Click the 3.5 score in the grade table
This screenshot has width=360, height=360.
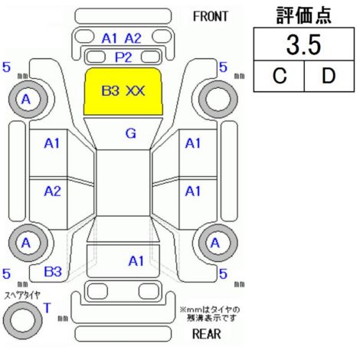303,45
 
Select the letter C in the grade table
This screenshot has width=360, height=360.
280,76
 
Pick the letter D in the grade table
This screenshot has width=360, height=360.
329,76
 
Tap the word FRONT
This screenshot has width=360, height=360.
211,17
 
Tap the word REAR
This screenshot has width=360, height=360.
206,334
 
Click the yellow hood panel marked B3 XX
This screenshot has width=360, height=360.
123,91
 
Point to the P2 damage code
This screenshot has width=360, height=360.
123,57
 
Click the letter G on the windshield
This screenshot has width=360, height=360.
131,133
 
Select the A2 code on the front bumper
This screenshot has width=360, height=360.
133,38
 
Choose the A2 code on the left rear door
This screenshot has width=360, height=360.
53,191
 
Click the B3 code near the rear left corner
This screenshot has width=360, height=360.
53,272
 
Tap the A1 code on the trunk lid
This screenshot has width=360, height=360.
136,261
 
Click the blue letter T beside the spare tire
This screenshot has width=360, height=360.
47,308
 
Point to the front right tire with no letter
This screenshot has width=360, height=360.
218,100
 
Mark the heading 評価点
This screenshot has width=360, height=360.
304,15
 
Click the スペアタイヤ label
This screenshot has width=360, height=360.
22,296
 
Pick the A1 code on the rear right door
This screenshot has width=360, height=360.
193,191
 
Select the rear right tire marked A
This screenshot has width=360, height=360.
218,243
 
